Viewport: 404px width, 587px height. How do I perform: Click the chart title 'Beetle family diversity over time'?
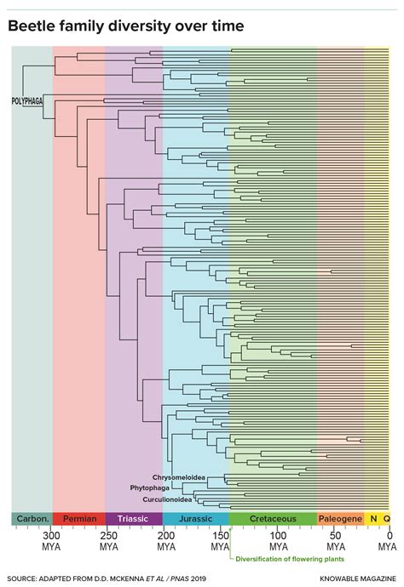125,27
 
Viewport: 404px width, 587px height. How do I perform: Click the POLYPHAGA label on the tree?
27,100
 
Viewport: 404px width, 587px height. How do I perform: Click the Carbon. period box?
32,518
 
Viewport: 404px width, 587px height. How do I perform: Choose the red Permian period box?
78,518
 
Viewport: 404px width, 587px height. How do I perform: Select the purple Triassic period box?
134,518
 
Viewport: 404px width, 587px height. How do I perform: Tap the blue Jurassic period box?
195,518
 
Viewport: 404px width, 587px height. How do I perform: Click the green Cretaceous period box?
273,518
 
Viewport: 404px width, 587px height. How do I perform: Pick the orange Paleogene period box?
340,518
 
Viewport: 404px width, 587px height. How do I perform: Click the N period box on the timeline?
372,518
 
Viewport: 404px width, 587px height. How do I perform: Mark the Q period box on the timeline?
386,518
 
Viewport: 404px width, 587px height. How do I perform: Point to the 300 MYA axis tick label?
52,542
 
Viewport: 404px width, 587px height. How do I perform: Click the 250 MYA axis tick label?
108,542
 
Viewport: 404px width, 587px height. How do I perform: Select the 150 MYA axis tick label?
222,542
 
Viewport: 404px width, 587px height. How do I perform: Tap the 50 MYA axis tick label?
335,542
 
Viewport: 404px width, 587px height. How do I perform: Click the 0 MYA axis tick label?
389,542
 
